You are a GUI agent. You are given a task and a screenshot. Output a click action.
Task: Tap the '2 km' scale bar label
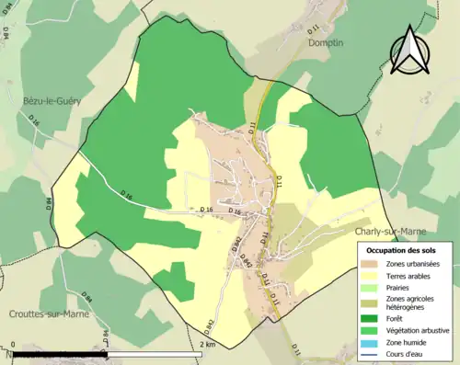tap(207, 345)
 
